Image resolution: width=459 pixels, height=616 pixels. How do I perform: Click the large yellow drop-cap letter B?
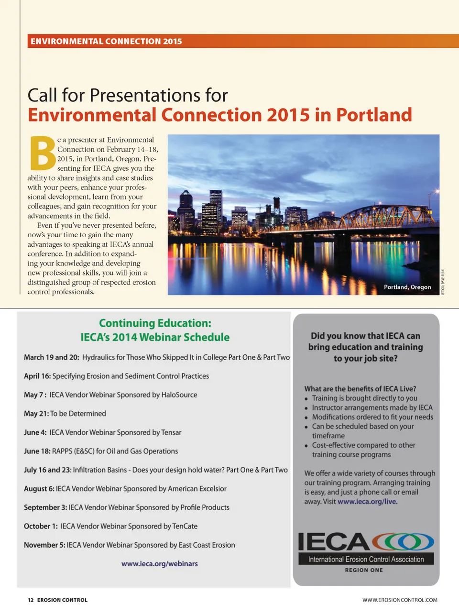point(42,154)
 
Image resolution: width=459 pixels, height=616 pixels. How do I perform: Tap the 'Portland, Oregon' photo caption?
point(407,287)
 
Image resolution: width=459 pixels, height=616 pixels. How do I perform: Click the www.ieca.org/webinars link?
point(159,564)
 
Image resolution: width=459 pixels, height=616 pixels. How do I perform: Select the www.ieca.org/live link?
point(367,502)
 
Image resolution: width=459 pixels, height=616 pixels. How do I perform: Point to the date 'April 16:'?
point(37,376)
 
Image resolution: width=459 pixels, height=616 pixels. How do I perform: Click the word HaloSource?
point(179,395)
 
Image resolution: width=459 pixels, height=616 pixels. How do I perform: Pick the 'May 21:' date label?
point(36,414)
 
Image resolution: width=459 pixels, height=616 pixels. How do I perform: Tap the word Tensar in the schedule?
point(171,432)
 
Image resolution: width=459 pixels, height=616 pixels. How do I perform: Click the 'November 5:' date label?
point(44,545)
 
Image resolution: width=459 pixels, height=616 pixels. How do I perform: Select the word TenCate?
point(185,526)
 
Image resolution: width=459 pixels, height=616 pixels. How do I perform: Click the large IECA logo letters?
point(333,542)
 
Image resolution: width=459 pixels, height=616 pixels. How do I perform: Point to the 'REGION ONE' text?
point(364,570)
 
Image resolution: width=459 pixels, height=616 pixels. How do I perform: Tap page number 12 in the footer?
point(31,600)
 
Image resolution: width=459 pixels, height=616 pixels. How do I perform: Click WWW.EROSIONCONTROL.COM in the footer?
point(400,600)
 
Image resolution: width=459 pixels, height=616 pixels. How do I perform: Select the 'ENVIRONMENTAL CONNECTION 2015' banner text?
point(106,42)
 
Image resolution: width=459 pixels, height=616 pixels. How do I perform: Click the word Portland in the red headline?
point(374,115)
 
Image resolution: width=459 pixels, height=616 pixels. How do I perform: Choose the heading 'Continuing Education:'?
point(155,323)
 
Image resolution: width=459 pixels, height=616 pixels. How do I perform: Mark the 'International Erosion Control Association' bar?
point(366,559)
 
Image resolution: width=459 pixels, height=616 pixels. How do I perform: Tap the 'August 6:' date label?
point(39,489)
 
